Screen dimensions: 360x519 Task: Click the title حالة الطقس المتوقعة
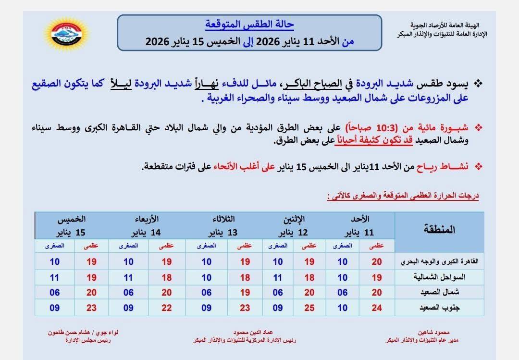[249, 24]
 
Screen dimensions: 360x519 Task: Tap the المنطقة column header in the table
[439, 229]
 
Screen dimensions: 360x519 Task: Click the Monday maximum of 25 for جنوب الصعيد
[309, 308]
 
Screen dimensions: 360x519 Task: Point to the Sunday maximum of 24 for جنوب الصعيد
[376, 308]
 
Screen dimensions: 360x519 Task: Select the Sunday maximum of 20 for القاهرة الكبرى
[376, 262]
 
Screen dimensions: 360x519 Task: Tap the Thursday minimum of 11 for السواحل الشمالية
[54, 277]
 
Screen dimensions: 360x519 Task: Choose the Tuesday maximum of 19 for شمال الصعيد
[245, 292]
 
